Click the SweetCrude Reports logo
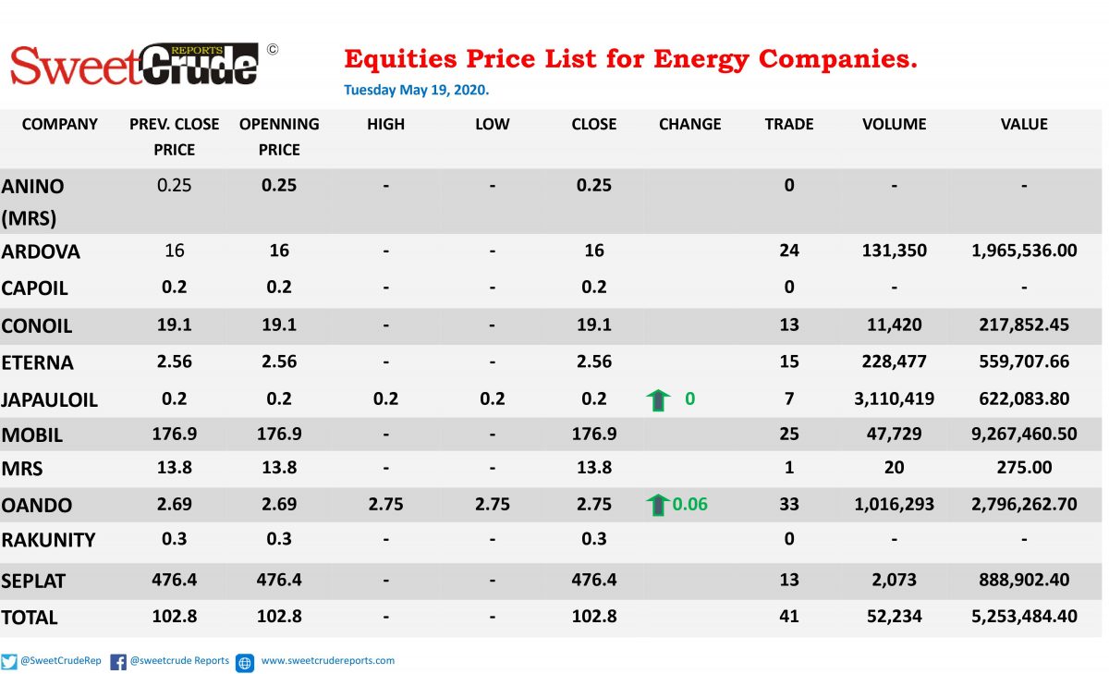pos(134,65)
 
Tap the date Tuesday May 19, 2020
pos(417,90)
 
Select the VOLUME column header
pos(895,124)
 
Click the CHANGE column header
pos(689,124)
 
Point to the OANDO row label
pos(37,505)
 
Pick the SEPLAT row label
pos(33,581)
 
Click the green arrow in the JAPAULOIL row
pos(658,400)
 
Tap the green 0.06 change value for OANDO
pos(689,504)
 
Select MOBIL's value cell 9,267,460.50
pos(1024,434)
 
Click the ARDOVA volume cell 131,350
pos(895,251)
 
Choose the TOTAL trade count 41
pos(789,616)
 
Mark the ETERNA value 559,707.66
pos(1024,362)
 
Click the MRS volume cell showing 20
pos(895,468)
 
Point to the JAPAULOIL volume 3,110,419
pos(895,398)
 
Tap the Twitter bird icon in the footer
pos(9,662)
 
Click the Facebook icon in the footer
pos(118,662)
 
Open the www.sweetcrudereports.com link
pos(328,661)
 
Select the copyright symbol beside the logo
pos(273,50)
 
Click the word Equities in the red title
pos(400,59)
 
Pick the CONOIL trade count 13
pos(789,325)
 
